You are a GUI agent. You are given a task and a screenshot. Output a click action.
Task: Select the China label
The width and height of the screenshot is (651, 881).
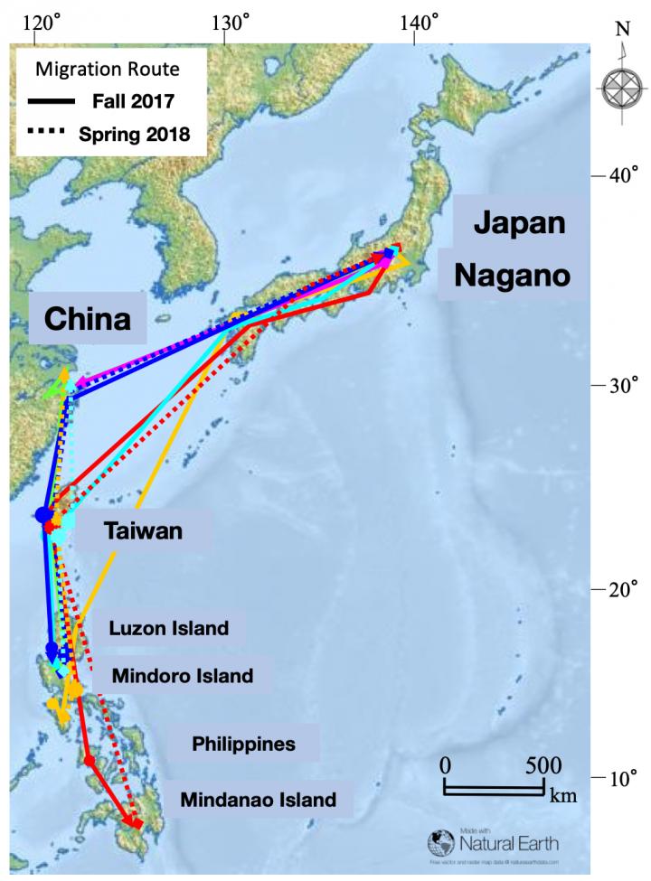pyautogui.click(x=88, y=318)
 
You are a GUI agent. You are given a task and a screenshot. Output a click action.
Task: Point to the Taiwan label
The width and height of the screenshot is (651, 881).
pyautogui.click(x=143, y=531)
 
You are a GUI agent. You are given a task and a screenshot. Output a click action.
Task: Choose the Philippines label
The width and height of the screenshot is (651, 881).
pyautogui.click(x=244, y=745)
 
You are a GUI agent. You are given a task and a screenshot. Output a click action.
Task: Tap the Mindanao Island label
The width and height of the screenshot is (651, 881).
pyautogui.click(x=258, y=800)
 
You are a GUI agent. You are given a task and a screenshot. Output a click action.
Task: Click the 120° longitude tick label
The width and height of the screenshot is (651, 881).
pyautogui.click(x=35, y=18)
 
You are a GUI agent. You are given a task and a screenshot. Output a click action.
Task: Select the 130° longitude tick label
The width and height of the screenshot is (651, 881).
pyautogui.click(x=226, y=18)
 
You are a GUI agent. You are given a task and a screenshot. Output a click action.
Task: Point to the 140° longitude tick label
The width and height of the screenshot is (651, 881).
pyautogui.click(x=417, y=18)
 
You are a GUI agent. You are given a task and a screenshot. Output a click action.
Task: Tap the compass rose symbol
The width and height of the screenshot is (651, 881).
pyautogui.click(x=622, y=89)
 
